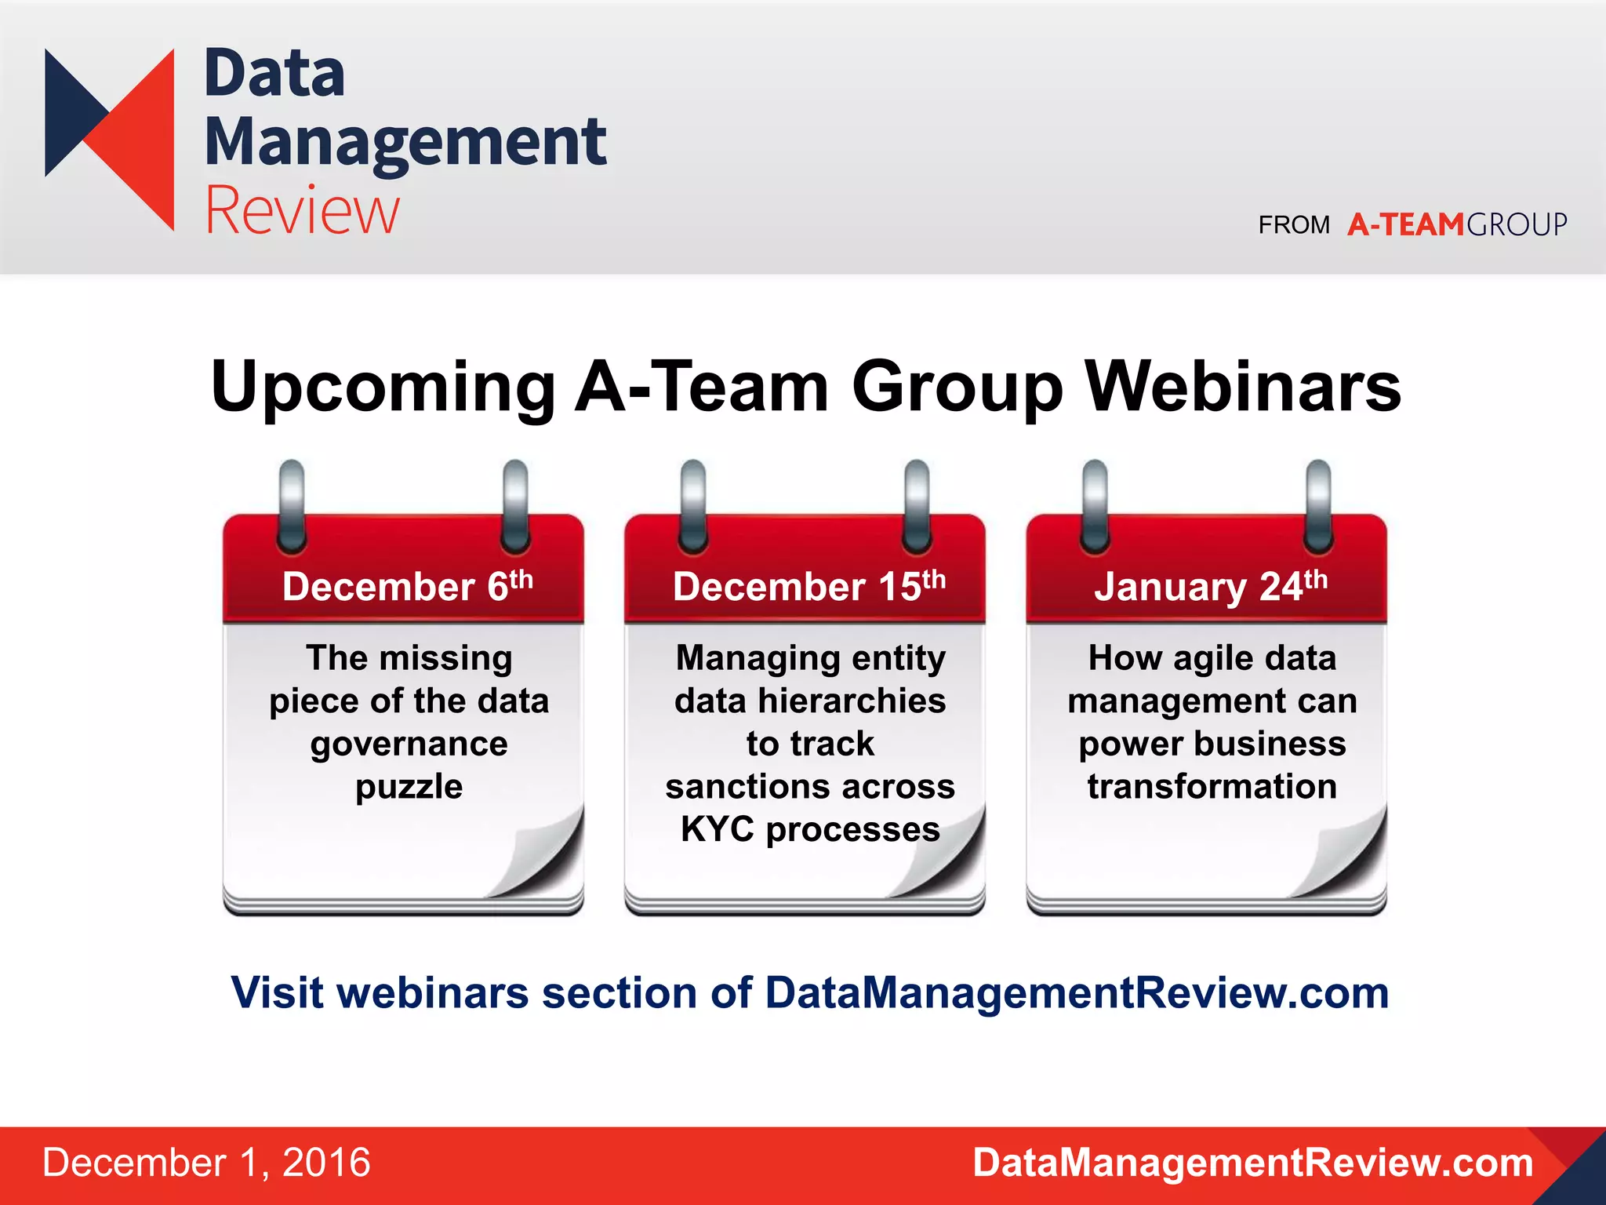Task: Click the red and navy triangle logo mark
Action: (110, 139)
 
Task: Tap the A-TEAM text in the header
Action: (1405, 225)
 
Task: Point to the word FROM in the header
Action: (1294, 225)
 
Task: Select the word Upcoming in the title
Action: (383, 387)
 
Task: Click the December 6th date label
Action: (407, 586)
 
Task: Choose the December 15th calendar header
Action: (808, 586)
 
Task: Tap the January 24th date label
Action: (1210, 586)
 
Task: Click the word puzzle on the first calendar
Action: (409, 787)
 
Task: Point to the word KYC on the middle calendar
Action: (717, 829)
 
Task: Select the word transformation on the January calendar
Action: (1212, 787)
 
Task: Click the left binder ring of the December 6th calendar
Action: (292, 506)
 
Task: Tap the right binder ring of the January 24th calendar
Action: (1318, 506)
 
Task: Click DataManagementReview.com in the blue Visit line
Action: (1077, 992)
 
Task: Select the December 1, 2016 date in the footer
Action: (206, 1163)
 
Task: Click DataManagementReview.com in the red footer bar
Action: (1252, 1163)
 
